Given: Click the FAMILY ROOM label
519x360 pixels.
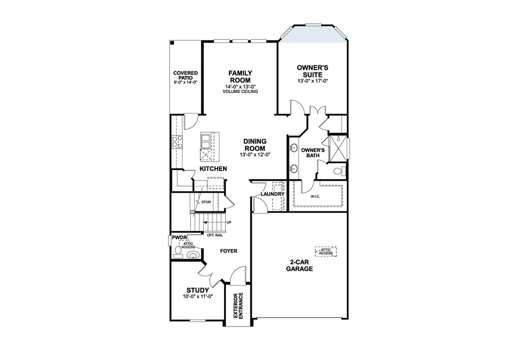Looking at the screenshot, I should click(240, 77).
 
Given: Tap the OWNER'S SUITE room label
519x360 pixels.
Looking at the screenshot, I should click(313, 70).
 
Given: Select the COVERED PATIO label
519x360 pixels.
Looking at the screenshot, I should click(185, 76).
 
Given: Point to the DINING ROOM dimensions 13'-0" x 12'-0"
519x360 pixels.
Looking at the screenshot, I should click(255, 154).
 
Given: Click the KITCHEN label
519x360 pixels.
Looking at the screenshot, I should click(213, 168).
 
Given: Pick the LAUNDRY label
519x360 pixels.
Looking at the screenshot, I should click(272, 194).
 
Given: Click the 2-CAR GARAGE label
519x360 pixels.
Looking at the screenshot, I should click(301, 266).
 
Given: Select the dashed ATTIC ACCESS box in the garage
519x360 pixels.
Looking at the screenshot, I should click(326, 251).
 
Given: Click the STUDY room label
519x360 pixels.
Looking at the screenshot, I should click(197, 291).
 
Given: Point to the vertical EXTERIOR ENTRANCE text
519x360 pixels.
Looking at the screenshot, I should click(239, 306).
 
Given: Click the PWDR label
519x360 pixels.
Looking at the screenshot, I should click(178, 237).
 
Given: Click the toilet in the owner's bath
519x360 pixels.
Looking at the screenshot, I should click(340, 170).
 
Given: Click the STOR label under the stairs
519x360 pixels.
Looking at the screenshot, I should click(206, 202).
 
